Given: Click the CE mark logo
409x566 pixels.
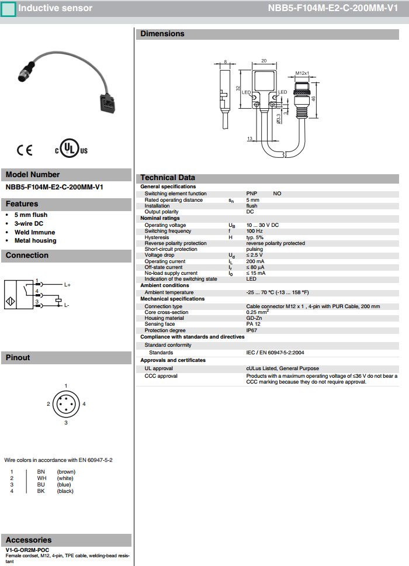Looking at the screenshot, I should click(25, 150).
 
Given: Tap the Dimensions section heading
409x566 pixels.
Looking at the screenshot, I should click(162, 34).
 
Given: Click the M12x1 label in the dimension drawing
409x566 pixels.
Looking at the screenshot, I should click(301, 73).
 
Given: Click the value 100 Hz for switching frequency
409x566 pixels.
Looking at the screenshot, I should click(255, 232).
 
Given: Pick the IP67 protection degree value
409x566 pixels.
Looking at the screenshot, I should click(252, 330).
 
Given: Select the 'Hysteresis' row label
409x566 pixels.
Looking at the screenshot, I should click(157, 237).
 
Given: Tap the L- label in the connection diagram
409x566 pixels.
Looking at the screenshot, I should click(67, 305).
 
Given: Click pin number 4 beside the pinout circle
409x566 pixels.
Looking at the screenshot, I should click(84, 404).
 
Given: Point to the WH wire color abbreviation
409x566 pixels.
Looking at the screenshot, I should click(41, 478).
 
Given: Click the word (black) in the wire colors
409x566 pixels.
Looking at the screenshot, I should click(65, 491).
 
